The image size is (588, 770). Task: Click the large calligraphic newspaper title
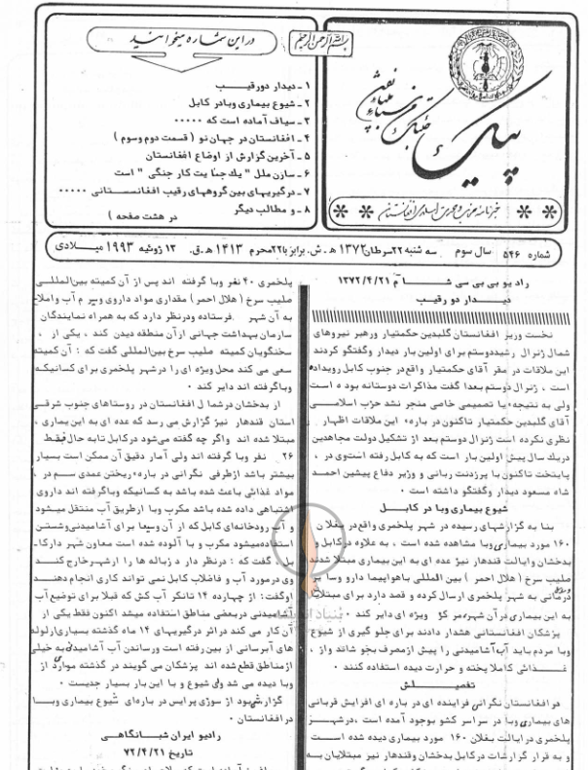pos(419,117)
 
